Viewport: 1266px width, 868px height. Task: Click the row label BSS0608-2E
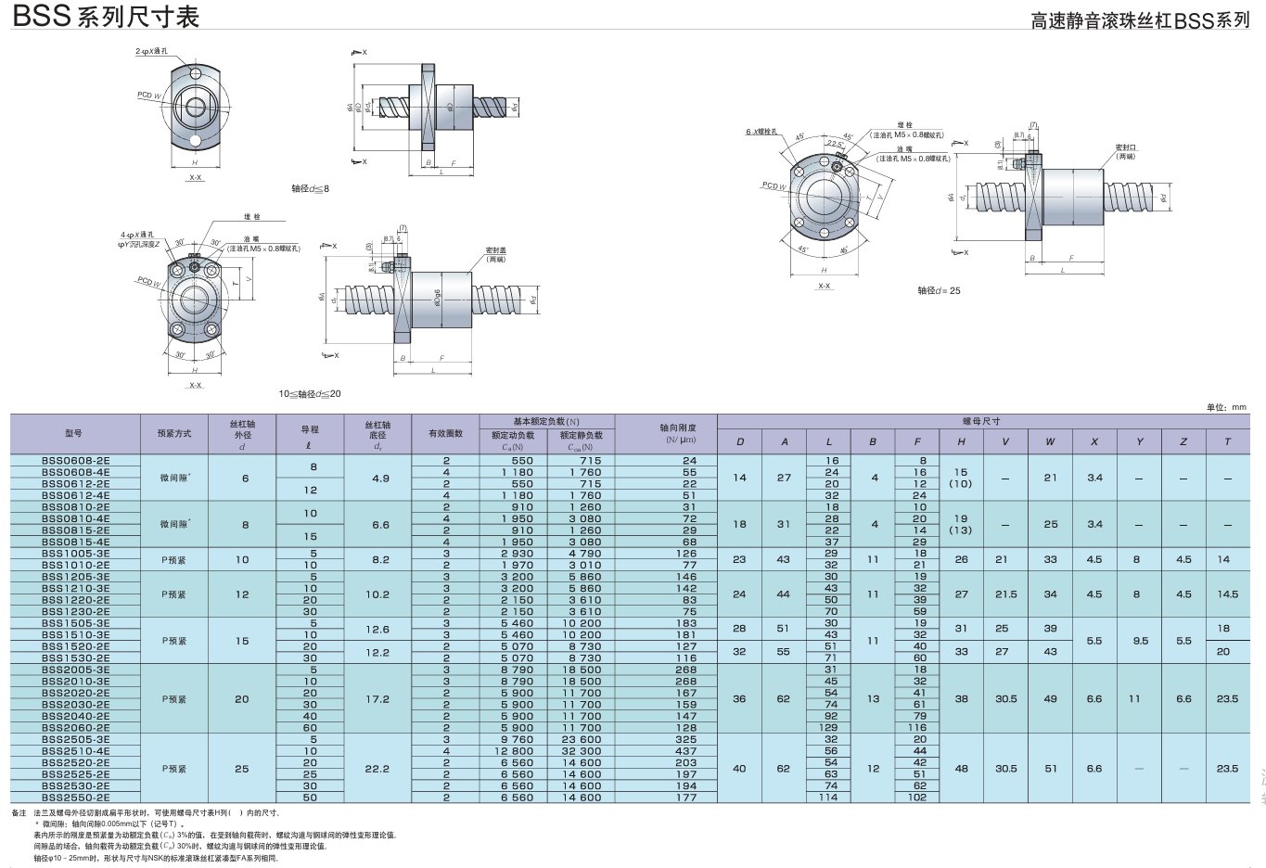(x=75, y=460)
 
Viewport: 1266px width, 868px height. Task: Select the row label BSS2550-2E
(x=75, y=798)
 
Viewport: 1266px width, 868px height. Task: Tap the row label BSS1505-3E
(x=75, y=623)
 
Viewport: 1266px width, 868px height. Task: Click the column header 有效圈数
(x=445, y=433)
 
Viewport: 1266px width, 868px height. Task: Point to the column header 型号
(x=74, y=433)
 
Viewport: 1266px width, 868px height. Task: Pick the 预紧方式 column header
(x=173, y=433)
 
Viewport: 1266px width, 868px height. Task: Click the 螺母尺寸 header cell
(x=981, y=421)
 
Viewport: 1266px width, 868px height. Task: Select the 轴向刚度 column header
(x=677, y=433)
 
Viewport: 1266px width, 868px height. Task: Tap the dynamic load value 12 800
(x=514, y=751)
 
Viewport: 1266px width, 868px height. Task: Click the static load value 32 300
(x=581, y=751)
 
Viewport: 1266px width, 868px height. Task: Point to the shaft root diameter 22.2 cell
(x=377, y=769)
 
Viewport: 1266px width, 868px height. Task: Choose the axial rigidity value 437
(x=685, y=751)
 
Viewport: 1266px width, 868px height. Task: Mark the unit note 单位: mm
(x=1226, y=407)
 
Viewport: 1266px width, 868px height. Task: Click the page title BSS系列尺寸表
(x=106, y=17)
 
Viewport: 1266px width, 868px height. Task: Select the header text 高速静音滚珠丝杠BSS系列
(x=1140, y=20)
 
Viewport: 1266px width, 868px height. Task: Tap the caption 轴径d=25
(x=939, y=290)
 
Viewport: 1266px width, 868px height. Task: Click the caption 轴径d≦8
(x=310, y=188)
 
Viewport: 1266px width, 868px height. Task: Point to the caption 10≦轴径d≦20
(x=310, y=394)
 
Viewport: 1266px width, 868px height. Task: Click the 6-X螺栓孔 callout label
(x=761, y=132)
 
